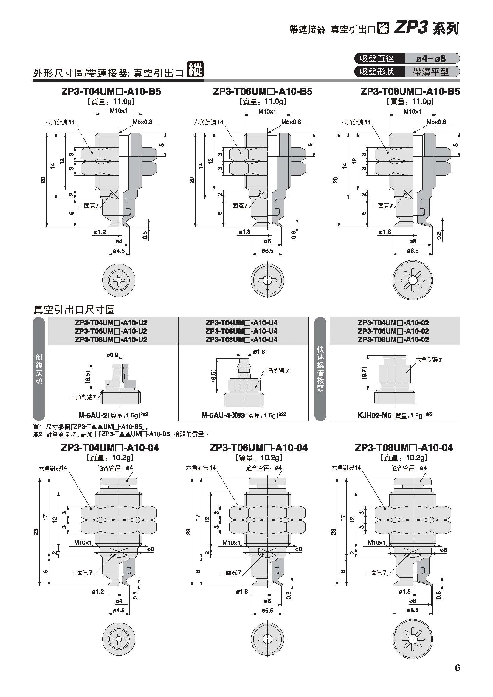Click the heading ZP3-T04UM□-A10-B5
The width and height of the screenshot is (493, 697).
click(x=111, y=92)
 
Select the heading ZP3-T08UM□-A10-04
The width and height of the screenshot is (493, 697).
click(x=404, y=448)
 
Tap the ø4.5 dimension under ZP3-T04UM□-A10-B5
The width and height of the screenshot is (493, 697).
click(x=119, y=251)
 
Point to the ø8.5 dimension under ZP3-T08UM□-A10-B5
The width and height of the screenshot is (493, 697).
click(x=413, y=251)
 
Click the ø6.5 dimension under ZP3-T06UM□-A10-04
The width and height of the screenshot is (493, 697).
click(x=267, y=611)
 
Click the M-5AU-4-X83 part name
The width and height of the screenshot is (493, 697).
click(x=223, y=415)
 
